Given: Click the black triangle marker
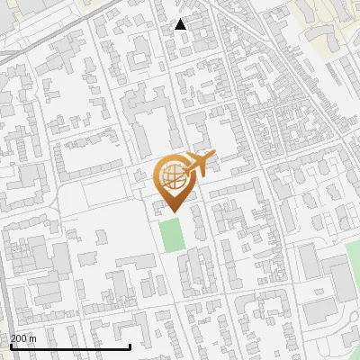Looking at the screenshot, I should (x=181, y=24).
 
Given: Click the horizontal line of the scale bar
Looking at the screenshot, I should (x=70, y=346).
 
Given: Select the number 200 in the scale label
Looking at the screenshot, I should (x=19, y=338).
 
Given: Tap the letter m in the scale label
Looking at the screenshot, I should (x=33, y=338).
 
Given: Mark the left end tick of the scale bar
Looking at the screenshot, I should (x=10, y=346).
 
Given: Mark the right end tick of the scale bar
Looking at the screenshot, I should (x=130, y=346).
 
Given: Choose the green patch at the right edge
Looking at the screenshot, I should (x=346, y=274).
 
